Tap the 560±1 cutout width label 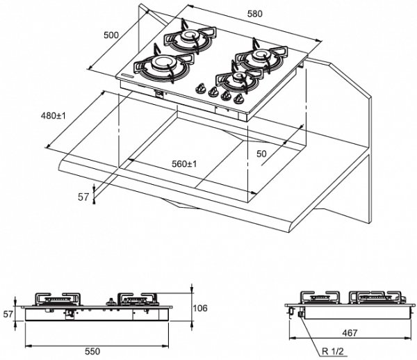click(x=184, y=164)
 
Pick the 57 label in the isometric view click(x=83, y=197)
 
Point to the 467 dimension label click(x=350, y=334)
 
